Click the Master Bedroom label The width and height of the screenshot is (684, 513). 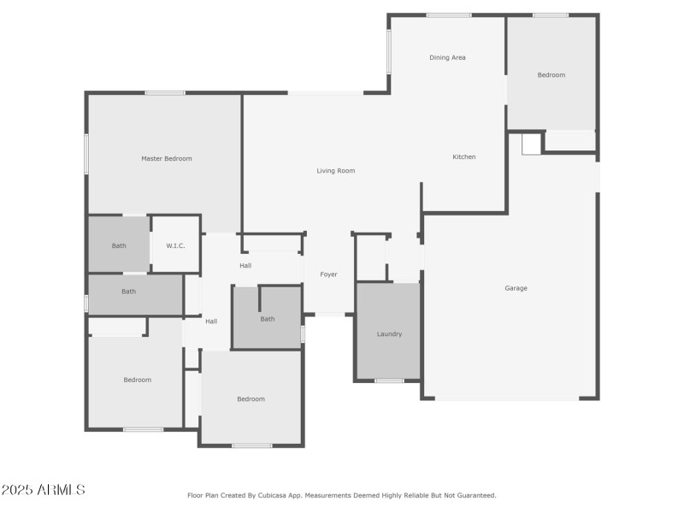tap(167, 158)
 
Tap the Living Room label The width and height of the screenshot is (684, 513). tap(335, 171)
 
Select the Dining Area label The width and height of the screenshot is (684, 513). tap(447, 57)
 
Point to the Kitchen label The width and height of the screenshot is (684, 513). tap(464, 156)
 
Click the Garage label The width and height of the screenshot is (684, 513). tap(516, 288)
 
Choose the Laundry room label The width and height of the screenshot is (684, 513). tap(389, 333)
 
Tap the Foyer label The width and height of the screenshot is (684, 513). tap(328, 274)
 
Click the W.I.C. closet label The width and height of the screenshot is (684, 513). tap(175, 245)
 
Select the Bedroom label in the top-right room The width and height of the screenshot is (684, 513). tap(551, 75)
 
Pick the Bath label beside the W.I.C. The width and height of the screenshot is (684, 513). tap(119, 245)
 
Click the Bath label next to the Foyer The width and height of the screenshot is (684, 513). tap(268, 319)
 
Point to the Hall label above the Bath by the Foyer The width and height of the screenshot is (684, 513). tap(245, 266)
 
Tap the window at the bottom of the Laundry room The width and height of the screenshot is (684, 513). tap(389, 380)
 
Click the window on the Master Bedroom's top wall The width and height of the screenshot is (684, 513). tap(165, 92)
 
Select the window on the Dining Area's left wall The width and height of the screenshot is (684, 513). tap(389, 51)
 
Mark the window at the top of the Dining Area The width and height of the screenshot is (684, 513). tap(449, 15)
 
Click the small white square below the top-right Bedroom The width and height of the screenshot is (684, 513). tap(531, 144)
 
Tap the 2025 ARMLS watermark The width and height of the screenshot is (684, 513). tap(43, 490)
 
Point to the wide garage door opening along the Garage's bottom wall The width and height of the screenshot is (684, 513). tap(506, 398)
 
